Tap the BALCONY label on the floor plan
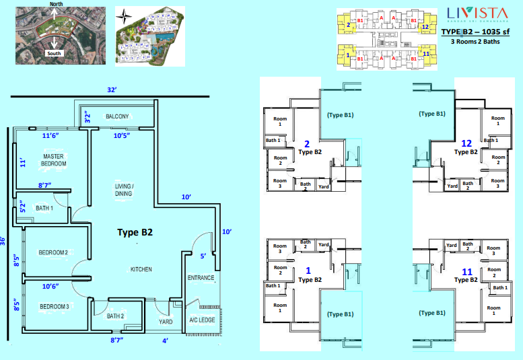click(117, 116)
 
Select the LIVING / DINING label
click(123, 190)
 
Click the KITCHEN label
click(141, 269)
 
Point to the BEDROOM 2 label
click(53, 252)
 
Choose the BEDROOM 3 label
click(53, 307)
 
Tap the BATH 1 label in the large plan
click(44, 208)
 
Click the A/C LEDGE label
click(203, 320)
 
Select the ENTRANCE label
click(201, 277)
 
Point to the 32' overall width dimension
click(112, 89)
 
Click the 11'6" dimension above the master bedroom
click(52, 136)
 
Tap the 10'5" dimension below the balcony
click(123, 136)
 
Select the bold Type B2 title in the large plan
click(135, 232)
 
